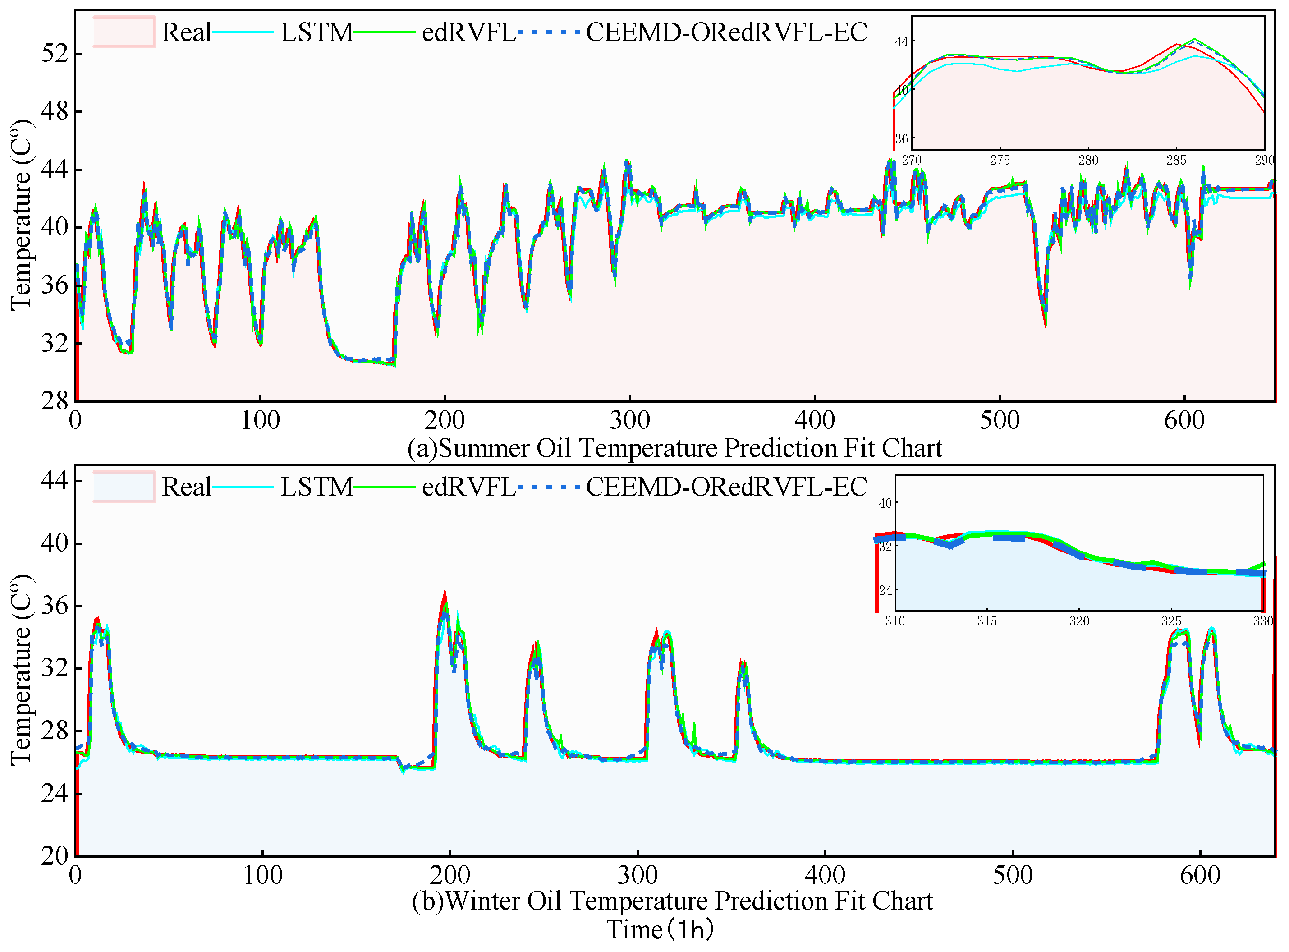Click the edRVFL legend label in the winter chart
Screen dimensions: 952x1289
[x=468, y=487]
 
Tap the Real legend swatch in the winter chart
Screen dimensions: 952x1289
[x=124, y=487]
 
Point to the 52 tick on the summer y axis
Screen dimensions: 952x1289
[x=55, y=54]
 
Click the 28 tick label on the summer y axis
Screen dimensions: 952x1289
[x=55, y=400]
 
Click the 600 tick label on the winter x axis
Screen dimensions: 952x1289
[x=1200, y=875]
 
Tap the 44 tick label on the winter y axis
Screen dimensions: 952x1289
[x=55, y=480]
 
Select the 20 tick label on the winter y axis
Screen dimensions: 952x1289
[x=55, y=856]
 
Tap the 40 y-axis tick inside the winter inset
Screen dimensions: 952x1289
[x=885, y=504]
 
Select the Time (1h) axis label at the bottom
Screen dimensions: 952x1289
[x=660, y=929]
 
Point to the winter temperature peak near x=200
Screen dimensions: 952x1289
[x=445, y=593]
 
